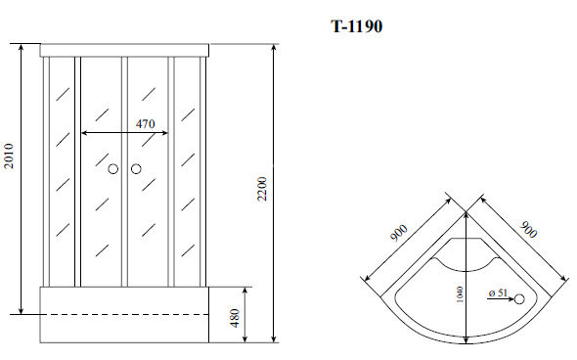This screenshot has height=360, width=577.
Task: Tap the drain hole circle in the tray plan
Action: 520,299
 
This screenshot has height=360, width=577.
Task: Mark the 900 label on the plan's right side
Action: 528,231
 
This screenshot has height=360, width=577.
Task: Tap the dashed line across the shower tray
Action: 124,315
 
